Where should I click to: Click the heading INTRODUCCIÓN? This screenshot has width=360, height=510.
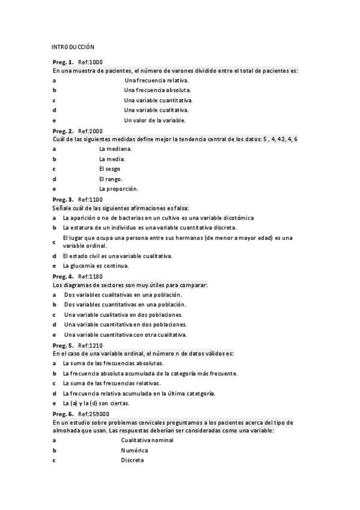click(x=73, y=46)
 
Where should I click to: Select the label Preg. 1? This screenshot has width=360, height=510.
click(x=63, y=62)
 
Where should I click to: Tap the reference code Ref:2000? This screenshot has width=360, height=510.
click(x=91, y=131)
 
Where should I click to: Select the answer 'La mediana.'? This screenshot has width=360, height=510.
click(x=114, y=149)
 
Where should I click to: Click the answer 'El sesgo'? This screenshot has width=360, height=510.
click(x=109, y=169)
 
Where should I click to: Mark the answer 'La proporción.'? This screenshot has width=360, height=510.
click(x=118, y=189)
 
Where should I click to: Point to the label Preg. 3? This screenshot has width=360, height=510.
click(x=63, y=199)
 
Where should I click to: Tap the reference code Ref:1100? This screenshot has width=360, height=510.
click(x=91, y=199)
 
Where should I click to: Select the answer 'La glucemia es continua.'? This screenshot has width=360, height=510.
click(x=96, y=266)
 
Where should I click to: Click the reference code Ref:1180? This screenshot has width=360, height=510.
click(x=91, y=276)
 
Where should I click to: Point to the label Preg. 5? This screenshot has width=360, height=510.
click(x=63, y=345)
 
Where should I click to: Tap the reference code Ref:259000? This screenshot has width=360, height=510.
click(x=94, y=414)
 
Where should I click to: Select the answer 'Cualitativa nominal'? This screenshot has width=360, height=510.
click(x=147, y=440)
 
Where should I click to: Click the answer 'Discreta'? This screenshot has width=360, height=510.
click(x=132, y=460)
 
